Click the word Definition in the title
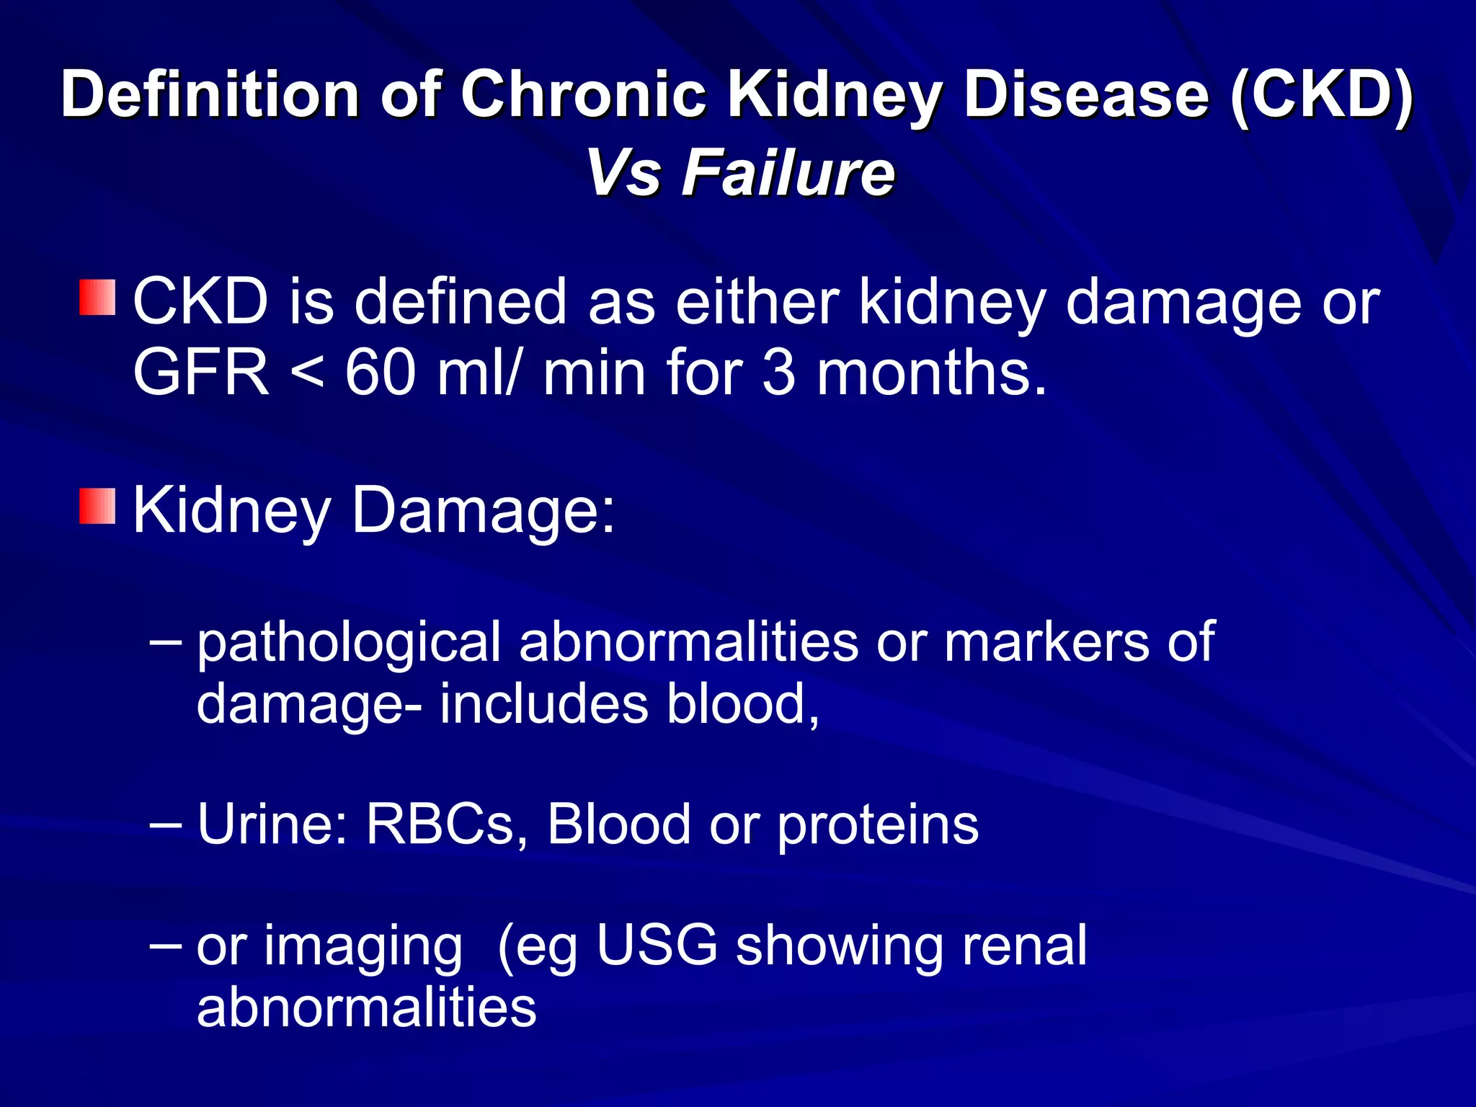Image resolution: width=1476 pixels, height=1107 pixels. pyautogui.click(x=210, y=95)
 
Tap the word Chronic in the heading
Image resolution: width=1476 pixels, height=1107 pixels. pyautogui.click(x=583, y=95)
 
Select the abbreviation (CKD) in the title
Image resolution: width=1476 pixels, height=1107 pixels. pyautogui.click(x=1322, y=95)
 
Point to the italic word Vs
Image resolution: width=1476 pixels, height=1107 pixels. pyautogui.click(x=623, y=173)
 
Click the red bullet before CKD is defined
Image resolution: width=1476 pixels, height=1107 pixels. pyautogui.click(x=97, y=298)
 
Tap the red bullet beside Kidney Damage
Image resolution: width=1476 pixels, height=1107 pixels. pyautogui.click(x=97, y=506)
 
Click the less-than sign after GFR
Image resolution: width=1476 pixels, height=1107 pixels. pyautogui.click(x=307, y=374)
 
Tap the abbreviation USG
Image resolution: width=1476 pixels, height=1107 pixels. pyautogui.click(x=657, y=945)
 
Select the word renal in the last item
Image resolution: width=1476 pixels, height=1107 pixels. pyautogui.click(x=1024, y=945)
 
